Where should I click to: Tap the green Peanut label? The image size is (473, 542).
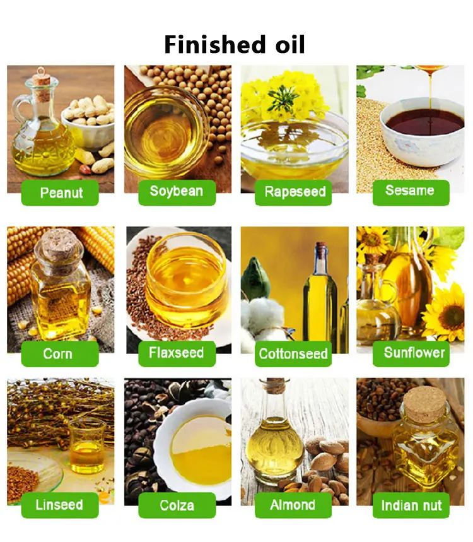pos(61,192)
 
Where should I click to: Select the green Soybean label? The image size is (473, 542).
pos(177,191)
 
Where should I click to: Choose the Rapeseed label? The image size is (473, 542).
pos(295,192)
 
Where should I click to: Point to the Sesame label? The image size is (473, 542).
pos(411,191)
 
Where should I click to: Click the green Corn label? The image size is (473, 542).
pos(58,353)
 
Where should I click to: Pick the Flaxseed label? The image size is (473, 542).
pos(177,353)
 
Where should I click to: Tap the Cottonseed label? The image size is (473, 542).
pos(294,353)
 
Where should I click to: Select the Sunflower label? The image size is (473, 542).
pos(414,353)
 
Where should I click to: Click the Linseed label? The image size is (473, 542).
pos(59,505)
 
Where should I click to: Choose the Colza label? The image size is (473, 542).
pos(177,505)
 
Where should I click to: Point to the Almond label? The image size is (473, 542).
pos(293,505)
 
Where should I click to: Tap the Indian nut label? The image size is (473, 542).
pos(411,505)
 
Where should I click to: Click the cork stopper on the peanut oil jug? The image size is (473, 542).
pos(41,81)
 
